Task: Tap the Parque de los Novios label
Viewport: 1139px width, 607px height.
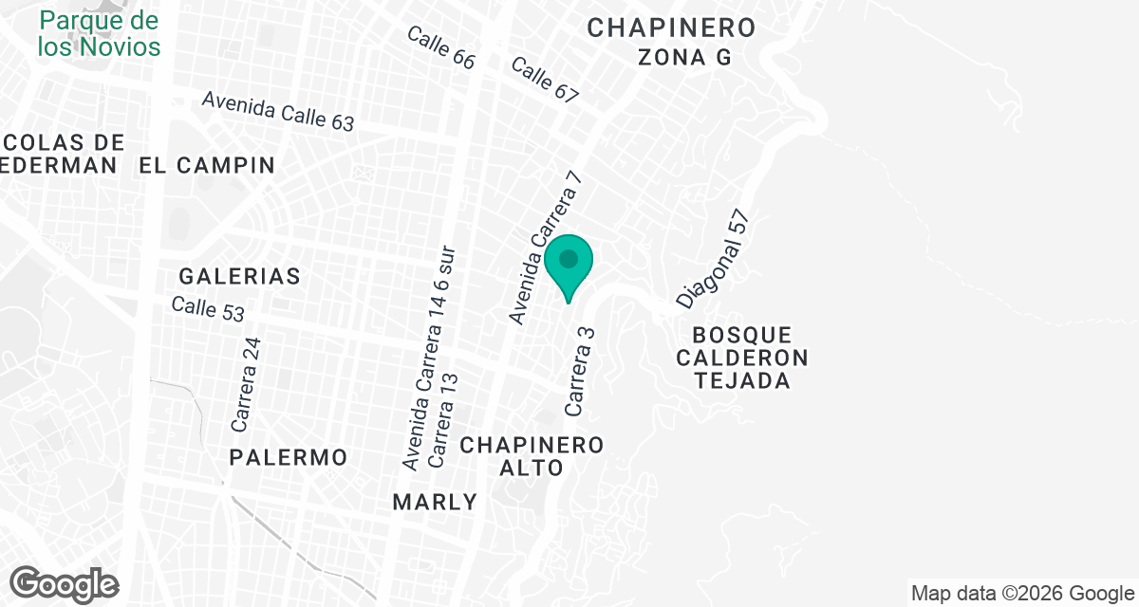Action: click(x=100, y=33)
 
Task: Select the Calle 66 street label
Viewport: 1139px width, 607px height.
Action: click(x=440, y=46)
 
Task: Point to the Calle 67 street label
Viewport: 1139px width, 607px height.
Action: click(x=544, y=80)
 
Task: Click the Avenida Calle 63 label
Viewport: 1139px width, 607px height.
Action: click(x=277, y=112)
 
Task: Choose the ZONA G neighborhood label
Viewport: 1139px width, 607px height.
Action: click(x=684, y=57)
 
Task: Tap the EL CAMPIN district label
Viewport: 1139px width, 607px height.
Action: click(x=206, y=166)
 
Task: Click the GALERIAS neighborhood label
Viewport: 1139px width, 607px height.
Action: click(x=239, y=276)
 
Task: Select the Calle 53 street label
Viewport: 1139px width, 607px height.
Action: click(x=208, y=309)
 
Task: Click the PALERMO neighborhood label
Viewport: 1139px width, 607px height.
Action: click(x=289, y=457)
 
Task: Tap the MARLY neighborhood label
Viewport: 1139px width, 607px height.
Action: click(x=436, y=502)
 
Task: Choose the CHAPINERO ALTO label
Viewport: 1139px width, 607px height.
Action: click(x=532, y=456)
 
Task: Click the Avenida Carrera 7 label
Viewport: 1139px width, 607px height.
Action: click(x=544, y=248)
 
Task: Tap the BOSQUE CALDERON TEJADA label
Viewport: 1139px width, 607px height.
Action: click(x=742, y=358)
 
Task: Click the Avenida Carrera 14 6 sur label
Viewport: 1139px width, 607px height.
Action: click(x=429, y=359)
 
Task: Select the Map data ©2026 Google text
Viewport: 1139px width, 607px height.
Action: click(x=1022, y=594)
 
